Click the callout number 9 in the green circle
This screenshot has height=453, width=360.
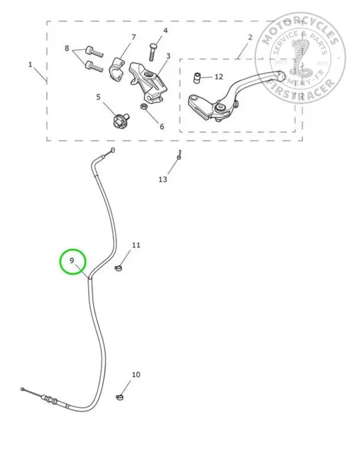tap(72, 260)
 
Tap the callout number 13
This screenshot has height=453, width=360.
tap(163, 179)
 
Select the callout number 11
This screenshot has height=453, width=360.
tap(136, 245)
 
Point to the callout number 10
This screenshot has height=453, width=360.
tap(136, 375)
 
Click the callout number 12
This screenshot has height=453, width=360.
tap(218, 77)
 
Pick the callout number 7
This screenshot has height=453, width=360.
tap(133, 37)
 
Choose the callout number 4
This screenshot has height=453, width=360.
tap(165, 30)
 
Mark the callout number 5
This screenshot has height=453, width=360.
tap(98, 97)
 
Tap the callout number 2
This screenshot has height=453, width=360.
tap(250, 37)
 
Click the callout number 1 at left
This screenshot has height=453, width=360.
tap(30, 64)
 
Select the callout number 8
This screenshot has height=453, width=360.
tap(67, 48)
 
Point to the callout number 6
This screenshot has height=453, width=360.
tap(162, 126)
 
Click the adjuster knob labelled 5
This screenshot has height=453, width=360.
tap(118, 121)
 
